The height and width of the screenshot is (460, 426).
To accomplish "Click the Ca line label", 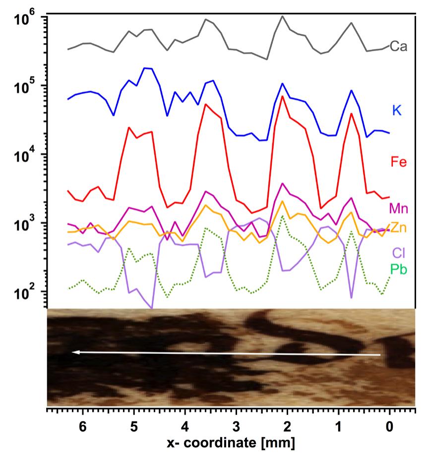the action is pyautogui.click(x=398, y=47).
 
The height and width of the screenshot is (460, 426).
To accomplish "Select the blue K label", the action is pyautogui.click(x=397, y=111).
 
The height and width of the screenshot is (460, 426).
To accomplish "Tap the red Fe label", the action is pyautogui.click(x=398, y=162).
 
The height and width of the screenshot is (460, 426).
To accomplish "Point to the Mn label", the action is pyautogui.click(x=398, y=208).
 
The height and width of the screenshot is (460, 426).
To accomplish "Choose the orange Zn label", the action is pyautogui.click(x=398, y=228).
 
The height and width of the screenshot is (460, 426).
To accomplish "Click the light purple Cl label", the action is pyautogui.click(x=398, y=253).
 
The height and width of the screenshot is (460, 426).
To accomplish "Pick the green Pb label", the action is pyautogui.click(x=398, y=269).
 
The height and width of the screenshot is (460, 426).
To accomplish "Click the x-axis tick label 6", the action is pyautogui.click(x=83, y=426).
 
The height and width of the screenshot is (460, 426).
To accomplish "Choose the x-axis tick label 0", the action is pyautogui.click(x=390, y=426).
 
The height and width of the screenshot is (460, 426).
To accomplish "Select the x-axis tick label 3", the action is pyautogui.click(x=236, y=426).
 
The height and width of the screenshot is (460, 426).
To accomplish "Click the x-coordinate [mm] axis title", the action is pyautogui.click(x=231, y=443).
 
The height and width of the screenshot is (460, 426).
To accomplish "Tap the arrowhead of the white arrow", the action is pyautogui.click(x=72, y=352).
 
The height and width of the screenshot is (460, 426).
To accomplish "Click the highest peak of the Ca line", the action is pyautogui.click(x=283, y=16).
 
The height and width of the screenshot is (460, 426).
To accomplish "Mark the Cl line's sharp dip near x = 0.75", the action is pyautogui.click(x=351, y=297).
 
